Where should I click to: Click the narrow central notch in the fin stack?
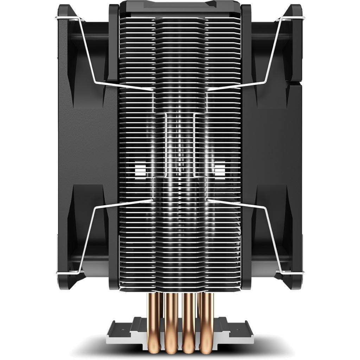point(180,144)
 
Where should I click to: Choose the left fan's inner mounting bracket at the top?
point(114,42)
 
